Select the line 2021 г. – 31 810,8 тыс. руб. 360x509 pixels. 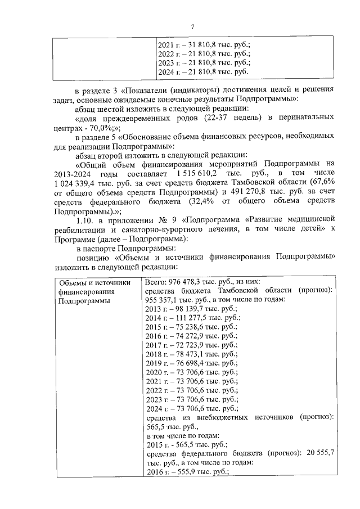[204, 44]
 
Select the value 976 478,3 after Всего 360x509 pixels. [189, 281]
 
